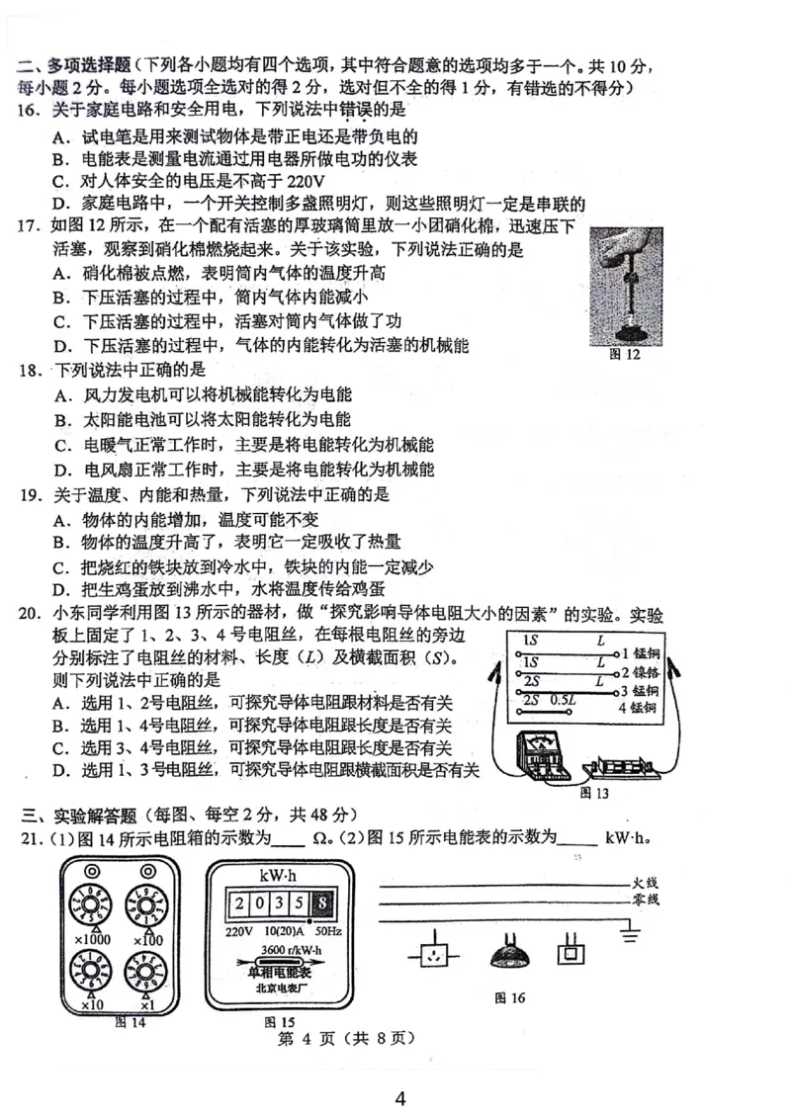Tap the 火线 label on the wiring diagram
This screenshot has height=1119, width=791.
pyautogui.click(x=646, y=880)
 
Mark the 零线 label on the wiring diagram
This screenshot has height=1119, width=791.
pyautogui.click(x=646, y=900)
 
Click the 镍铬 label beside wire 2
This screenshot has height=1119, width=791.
pyautogui.click(x=647, y=672)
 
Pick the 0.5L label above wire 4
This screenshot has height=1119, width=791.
pyautogui.click(x=563, y=699)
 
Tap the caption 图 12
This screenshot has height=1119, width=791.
pyautogui.click(x=625, y=355)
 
